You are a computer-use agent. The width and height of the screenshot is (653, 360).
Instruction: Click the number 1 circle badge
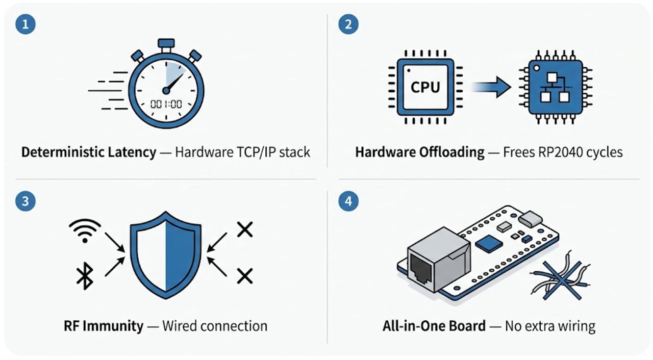pyautogui.click(x=26, y=24)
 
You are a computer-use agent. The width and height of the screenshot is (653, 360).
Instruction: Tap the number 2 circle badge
pyautogui.click(x=348, y=24)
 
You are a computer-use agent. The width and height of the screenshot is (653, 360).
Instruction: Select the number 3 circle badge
pyautogui.click(x=26, y=201)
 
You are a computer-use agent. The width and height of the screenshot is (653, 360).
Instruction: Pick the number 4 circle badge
pyautogui.click(x=348, y=201)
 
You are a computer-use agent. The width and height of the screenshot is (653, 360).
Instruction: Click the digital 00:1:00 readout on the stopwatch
pyautogui.click(x=166, y=104)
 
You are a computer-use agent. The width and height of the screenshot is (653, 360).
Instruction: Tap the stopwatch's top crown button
pyautogui.click(x=166, y=43)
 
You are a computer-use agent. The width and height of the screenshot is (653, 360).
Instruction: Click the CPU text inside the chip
pyautogui.click(x=425, y=87)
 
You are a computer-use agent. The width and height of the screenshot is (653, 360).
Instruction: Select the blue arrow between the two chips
pyautogui.click(x=491, y=87)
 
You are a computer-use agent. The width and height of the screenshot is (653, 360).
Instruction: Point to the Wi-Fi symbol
pyautogui.click(x=85, y=230)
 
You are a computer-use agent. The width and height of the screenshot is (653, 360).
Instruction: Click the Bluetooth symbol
pyautogui.click(x=85, y=276)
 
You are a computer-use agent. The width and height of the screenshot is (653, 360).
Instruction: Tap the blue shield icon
pyautogui.click(x=166, y=255)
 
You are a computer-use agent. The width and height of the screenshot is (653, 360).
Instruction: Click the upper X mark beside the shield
pyautogui.click(x=245, y=230)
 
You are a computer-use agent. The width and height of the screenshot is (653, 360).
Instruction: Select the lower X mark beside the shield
pyautogui.click(x=245, y=276)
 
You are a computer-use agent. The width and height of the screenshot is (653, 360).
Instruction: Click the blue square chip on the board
pyautogui.click(x=489, y=244)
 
